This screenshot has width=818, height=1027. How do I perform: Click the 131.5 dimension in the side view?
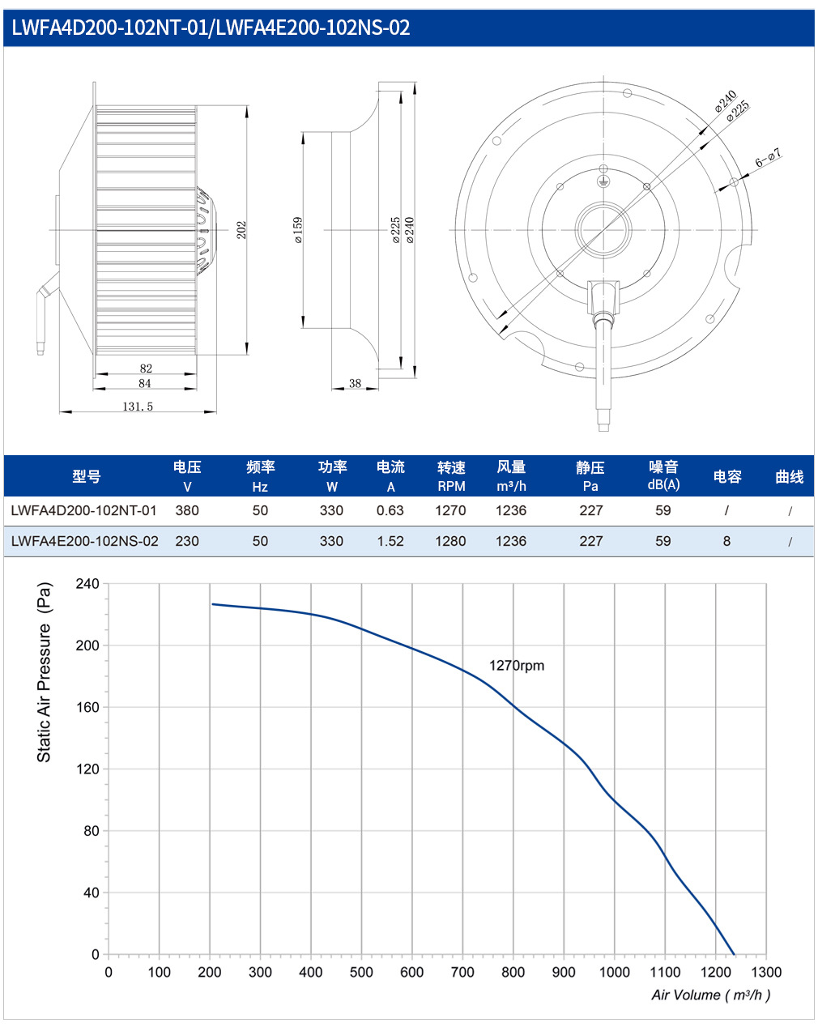(x=138, y=406)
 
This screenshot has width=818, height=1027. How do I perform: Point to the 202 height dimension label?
(x=241, y=229)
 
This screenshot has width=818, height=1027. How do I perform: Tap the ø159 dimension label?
(x=298, y=230)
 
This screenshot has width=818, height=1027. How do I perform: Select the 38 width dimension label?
(x=355, y=383)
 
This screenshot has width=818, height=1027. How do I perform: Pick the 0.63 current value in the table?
(x=390, y=510)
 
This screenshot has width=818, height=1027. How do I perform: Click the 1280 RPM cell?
(x=450, y=541)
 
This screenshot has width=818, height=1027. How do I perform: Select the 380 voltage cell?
(x=187, y=510)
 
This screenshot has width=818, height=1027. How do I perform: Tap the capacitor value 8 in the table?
(x=726, y=541)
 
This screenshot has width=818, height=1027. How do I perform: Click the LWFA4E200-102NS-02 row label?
(x=84, y=541)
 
